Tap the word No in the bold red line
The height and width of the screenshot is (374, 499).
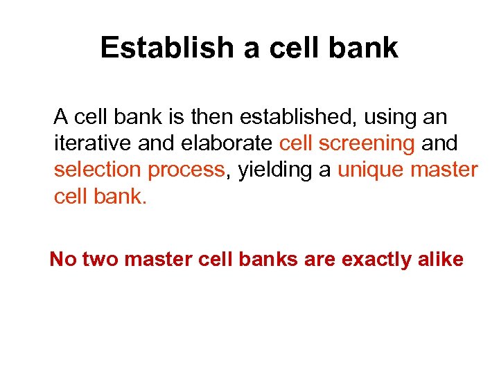[62, 260]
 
